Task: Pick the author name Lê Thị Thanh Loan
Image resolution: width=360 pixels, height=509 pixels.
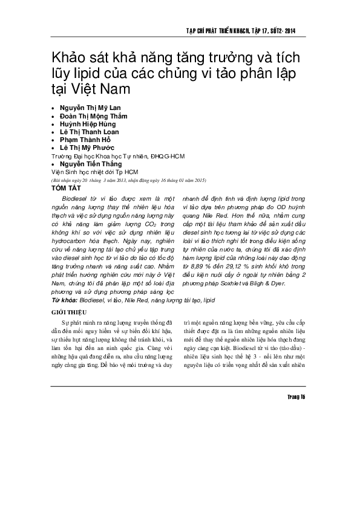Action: pyautogui.click(x=90, y=132)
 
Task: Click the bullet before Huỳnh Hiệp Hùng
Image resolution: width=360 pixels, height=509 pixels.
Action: pyautogui.click(x=54, y=124)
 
